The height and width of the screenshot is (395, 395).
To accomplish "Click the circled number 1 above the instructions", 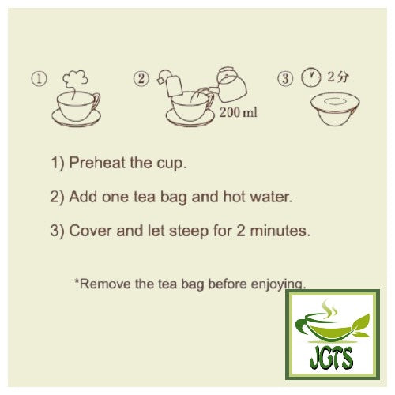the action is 39,79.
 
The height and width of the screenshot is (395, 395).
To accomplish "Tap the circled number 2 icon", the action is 141,79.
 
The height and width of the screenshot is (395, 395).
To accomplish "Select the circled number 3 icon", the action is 285,78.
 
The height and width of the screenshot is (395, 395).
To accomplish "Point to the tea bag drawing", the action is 172,84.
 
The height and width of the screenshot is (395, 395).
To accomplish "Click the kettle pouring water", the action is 231,85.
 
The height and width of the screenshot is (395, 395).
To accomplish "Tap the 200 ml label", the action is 239,112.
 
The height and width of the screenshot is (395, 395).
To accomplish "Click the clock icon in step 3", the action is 311,77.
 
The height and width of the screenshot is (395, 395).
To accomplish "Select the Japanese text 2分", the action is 337,77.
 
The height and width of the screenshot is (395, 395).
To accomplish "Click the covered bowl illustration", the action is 335,108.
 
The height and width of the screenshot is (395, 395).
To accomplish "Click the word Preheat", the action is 97,163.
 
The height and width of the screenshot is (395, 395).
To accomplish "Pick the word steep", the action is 189,231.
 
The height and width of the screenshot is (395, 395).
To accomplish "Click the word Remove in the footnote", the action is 104,284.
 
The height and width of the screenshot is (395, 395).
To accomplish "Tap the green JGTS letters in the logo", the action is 331,357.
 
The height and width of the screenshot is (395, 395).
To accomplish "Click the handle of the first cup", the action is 96,103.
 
